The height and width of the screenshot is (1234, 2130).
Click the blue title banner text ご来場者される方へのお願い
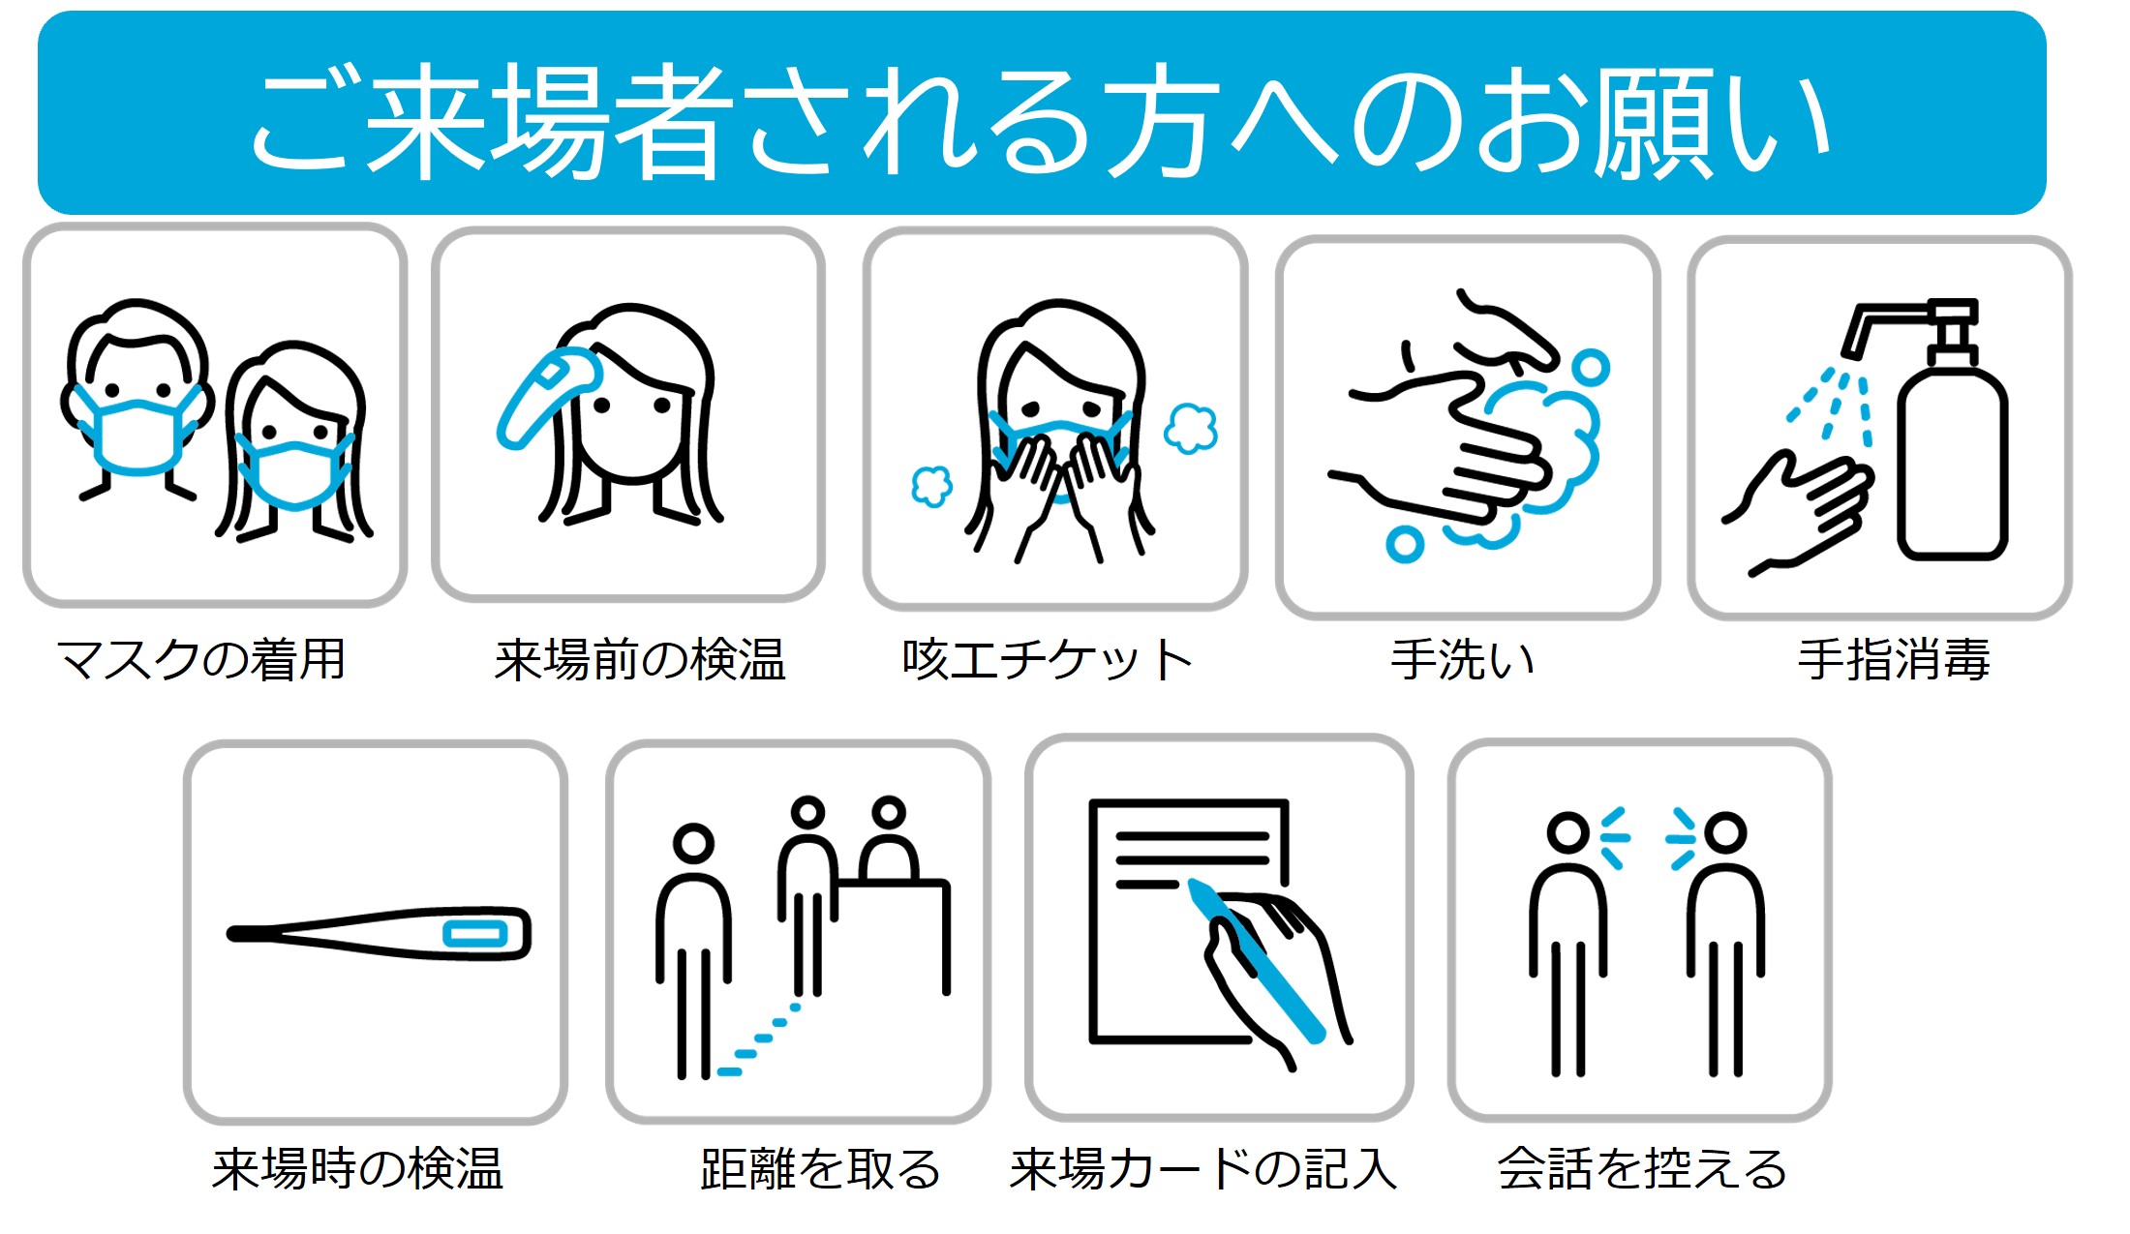(1041, 121)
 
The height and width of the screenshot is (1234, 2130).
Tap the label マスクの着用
(201, 660)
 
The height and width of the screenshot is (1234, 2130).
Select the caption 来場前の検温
(640, 660)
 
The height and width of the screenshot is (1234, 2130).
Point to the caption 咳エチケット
(1047, 660)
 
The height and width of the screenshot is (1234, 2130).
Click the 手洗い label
(1463, 660)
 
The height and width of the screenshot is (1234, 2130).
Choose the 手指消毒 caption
(1894, 660)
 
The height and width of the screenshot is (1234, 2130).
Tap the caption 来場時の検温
(357, 1168)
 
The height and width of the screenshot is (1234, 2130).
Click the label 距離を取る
(820, 1168)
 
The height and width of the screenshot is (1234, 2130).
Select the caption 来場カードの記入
(1203, 1168)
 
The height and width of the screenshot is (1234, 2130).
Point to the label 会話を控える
(1642, 1168)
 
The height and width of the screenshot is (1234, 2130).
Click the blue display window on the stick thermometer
(474, 934)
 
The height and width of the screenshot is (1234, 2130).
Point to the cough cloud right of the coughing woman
(1191, 428)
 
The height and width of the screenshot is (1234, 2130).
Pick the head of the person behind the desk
(888, 813)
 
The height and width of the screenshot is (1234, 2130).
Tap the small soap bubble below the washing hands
(1404, 544)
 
